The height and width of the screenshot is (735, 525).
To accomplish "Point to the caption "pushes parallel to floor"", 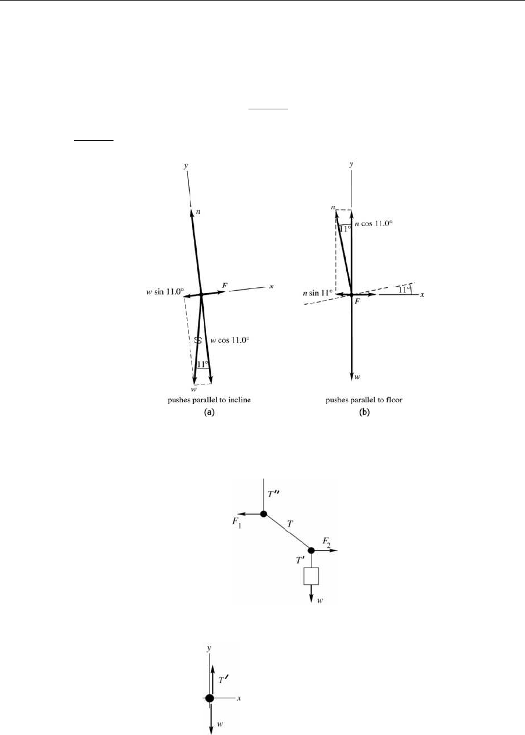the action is [350, 401].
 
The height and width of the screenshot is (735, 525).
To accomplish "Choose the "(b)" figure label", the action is [350, 413].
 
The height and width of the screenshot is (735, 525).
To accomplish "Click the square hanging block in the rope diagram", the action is [312, 576].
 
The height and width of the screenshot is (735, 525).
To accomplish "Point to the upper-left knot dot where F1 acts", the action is [264, 513].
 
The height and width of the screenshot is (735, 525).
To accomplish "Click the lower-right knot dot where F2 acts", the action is [311, 550].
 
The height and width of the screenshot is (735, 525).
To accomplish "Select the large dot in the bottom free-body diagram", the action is [210, 698].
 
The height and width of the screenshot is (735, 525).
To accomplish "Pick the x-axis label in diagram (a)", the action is [271, 286].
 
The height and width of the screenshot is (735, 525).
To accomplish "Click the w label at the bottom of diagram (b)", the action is [357, 377].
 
